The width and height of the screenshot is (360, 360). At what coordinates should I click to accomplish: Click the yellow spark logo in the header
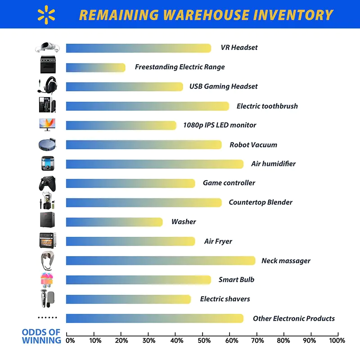(46, 14)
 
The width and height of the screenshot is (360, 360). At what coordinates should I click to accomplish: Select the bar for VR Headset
(138, 48)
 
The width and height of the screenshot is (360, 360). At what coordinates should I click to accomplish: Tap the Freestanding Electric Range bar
(95, 67)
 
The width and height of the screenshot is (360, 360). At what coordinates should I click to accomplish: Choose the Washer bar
(114, 222)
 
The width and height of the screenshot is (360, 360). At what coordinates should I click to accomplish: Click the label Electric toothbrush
(267, 106)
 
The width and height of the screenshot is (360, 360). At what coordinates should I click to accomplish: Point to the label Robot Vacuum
(253, 145)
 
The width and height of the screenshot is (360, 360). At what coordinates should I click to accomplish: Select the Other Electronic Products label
(293, 319)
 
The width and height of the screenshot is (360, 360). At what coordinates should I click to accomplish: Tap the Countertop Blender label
(260, 202)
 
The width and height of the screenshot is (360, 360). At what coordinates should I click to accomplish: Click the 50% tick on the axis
(203, 341)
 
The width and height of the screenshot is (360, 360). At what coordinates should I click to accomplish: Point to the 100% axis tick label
(337, 341)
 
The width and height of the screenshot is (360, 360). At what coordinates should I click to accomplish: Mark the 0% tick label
(70, 341)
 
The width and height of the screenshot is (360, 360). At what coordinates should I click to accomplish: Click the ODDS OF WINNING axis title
(41, 336)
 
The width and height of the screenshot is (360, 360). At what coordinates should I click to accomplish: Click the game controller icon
(47, 184)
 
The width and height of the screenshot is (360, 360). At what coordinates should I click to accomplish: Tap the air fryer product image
(47, 241)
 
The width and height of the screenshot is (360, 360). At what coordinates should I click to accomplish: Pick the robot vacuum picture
(47, 144)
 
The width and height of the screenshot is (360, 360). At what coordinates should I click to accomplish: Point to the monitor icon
(47, 125)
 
